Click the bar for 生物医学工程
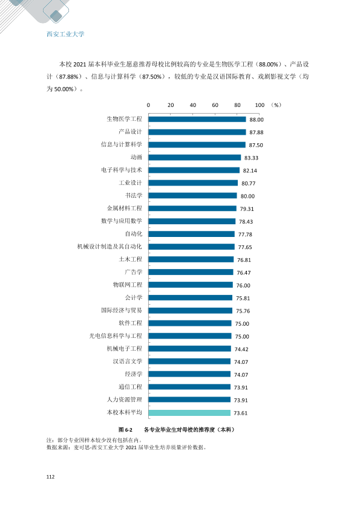(197, 119)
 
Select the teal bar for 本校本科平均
(189, 413)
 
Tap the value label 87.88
(257, 132)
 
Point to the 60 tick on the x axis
(215, 105)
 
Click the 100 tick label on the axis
(260, 105)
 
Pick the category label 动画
(136, 157)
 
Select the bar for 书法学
(192, 196)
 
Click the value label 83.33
(251, 158)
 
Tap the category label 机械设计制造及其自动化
(110, 247)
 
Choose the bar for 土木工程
(191, 259)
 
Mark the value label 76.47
(244, 273)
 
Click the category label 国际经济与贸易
(122, 310)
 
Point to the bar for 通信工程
(189, 387)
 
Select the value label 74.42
(241, 349)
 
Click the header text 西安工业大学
(65, 34)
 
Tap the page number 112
(50, 476)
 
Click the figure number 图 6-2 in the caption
(125, 430)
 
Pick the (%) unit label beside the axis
(276, 105)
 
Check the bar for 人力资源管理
(189, 400)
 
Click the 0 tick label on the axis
(148, 105)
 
